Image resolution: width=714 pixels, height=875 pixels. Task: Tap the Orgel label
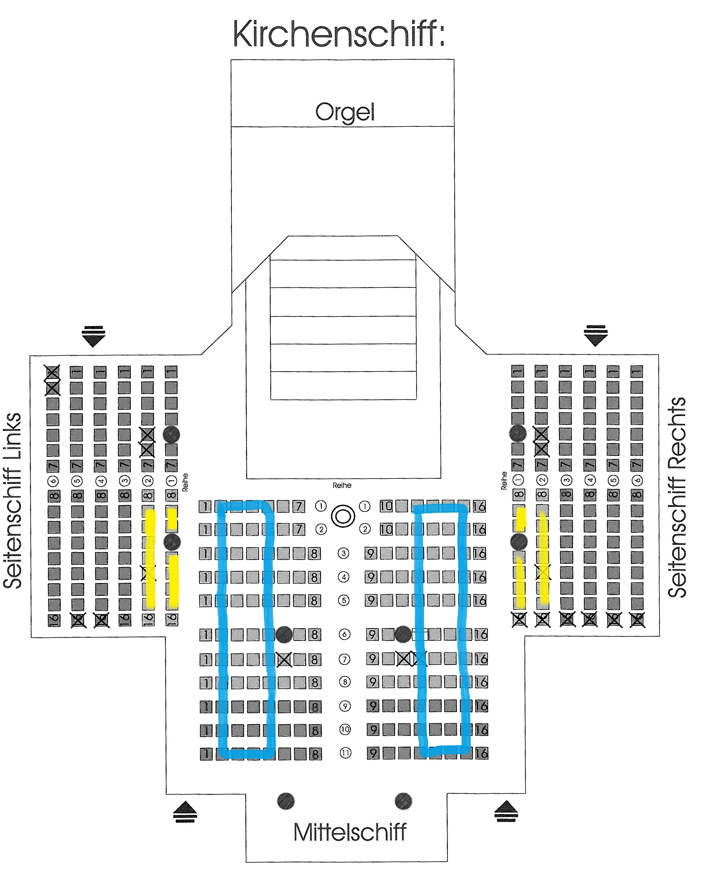tap(345, 112)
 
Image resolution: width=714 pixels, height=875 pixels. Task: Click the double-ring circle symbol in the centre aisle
tap(343, 516)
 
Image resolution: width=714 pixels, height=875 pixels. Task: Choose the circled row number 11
tap(345, 753)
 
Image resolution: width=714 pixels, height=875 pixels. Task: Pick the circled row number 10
tap(345, 729)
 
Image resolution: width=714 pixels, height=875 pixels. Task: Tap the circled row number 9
tap(345, 706)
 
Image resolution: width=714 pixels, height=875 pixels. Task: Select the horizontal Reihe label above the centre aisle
tap(342, 485)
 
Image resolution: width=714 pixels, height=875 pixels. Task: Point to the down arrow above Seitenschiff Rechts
tap(595, 335)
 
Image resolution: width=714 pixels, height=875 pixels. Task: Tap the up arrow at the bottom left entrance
tap(185, 811)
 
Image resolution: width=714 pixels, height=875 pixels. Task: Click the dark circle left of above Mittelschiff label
tap(286, 801)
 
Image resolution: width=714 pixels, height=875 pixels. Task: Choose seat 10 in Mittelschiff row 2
tap(386, 529)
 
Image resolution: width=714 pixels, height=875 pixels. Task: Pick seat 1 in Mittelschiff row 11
tap(206, 754)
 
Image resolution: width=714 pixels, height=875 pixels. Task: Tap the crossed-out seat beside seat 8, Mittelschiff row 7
tap(284, 660)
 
